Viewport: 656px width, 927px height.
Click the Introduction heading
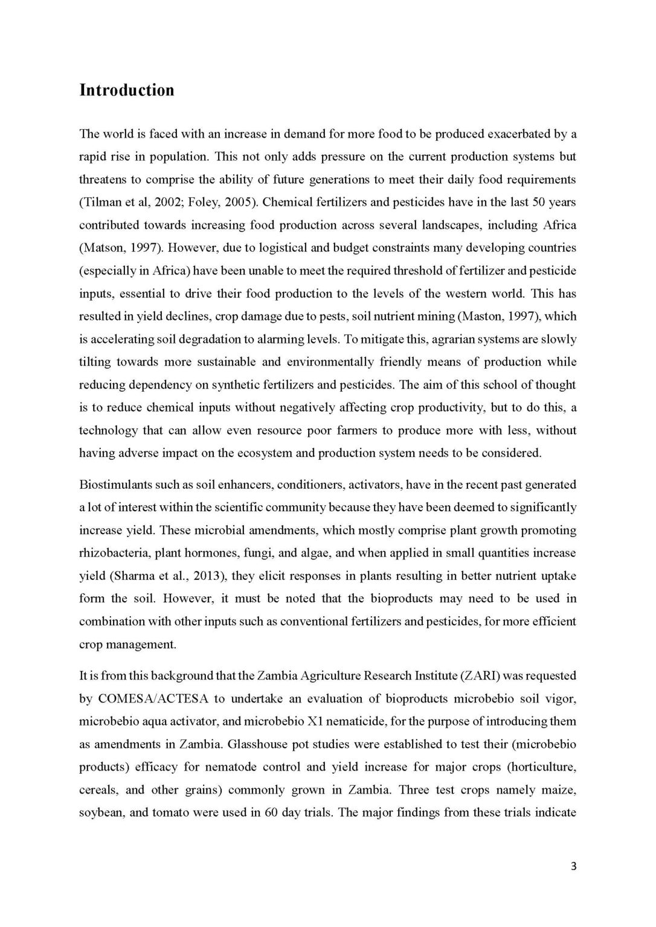(127, 91)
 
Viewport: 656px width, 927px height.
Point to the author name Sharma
(135, 576)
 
